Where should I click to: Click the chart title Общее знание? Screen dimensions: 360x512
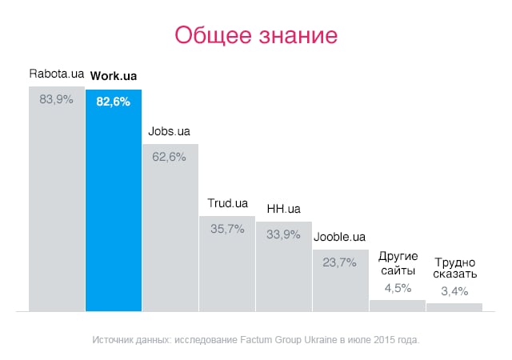pyautogui.click(x=255, y=37)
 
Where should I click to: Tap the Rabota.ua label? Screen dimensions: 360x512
pyautogui.click(x=56, y=75)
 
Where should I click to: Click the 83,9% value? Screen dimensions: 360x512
pyautogui.click(x=56, y=100)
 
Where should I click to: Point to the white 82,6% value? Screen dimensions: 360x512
pyautogui.click(x=113, y=101)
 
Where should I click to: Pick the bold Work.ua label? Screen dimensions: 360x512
pyautogui.click(x=113, y=76)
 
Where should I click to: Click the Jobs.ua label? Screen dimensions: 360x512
pyautogui.click(x=169, y=131)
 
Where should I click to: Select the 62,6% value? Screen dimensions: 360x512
pyautogui.click(x=170, y=157)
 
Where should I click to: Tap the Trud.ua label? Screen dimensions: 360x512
pyautogui.click(x=227, y=203)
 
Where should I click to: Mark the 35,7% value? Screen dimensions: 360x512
pyautogui.click(x=227, y=229)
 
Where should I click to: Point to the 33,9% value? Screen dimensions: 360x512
pyautogui.click(x=284, y=234)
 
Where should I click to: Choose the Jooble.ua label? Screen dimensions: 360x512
pyautogui.click(x=340, y=238)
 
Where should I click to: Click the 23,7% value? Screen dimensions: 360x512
pyautogui.click(x=341, y=262)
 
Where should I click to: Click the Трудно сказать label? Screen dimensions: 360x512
pyautogui.click(x=454, y=268)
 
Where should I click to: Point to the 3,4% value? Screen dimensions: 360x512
pyautogui.click(x=454, y=291)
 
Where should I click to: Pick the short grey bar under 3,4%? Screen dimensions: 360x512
pyautogui.click(x=454, y=306)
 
